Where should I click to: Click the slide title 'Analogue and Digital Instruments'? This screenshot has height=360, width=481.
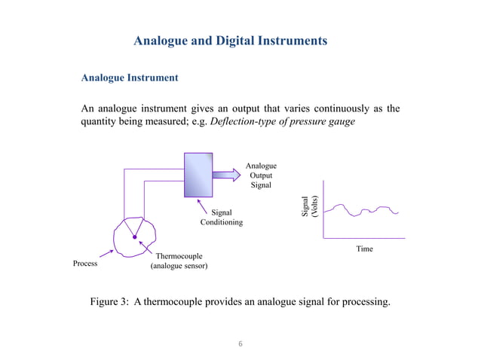click(230, 41)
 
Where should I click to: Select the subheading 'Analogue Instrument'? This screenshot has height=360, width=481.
click(129, 78)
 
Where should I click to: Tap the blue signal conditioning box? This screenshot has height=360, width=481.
click(198, 173)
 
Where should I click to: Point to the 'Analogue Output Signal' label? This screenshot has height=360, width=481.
click(262, 175)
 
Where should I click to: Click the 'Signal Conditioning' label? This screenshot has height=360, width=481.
click(221, 218)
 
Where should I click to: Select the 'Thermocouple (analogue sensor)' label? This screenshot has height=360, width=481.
click(179, 261)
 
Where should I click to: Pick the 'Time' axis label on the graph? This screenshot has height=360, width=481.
click(364, 248)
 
